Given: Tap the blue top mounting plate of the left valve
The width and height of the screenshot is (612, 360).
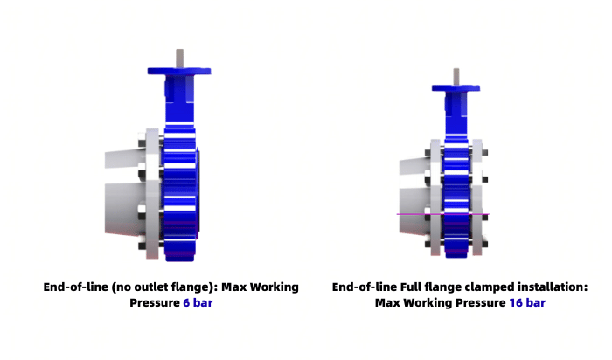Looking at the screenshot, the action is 179,71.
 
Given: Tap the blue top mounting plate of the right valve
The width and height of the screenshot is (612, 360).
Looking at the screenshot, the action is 456,88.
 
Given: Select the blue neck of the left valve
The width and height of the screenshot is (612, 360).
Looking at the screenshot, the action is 179,100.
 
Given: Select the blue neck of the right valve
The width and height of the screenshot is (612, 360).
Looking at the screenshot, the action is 456,114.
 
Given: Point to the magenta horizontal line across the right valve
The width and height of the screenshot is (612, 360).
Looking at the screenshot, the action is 443,214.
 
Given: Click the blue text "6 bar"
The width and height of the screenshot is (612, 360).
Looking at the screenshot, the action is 198,302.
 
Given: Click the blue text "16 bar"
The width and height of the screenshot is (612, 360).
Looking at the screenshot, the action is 527,302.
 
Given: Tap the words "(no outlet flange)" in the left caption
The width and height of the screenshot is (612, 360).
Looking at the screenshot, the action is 164,287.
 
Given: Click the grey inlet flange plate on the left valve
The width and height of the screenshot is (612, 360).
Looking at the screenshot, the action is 152,193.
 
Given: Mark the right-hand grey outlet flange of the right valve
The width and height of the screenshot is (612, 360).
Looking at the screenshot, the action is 477,197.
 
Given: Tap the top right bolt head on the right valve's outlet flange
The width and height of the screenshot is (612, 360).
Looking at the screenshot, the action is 484,153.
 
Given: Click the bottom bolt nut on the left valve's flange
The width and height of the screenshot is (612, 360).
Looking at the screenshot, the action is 142,246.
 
